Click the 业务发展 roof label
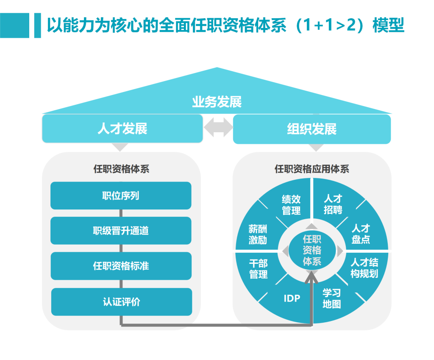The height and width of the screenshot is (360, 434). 217,102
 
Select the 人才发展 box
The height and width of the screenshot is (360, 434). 122,128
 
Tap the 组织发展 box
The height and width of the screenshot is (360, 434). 312,129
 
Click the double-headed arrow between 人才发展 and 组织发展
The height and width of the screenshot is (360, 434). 218,128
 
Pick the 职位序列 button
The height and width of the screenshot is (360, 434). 121,195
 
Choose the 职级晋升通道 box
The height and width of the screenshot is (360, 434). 121,231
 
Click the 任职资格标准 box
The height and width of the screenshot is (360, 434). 121,266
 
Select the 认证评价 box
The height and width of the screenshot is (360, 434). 121,301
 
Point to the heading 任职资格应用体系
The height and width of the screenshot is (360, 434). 312,169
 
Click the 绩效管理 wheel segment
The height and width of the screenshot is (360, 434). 291,204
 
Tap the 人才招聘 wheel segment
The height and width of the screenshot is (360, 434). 333,204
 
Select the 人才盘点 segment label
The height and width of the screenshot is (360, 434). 361,234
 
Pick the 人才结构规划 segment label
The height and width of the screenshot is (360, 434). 364,268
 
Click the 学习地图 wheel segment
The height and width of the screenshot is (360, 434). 331,299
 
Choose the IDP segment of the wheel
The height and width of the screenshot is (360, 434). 292,298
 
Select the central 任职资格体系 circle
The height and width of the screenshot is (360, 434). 312,250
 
